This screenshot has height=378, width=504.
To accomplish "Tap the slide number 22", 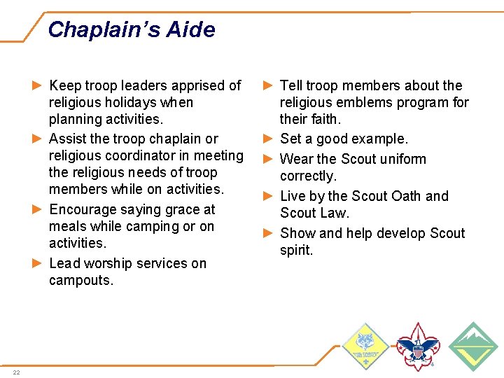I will (16, 372).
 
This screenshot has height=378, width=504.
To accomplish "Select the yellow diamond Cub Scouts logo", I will (365, 346).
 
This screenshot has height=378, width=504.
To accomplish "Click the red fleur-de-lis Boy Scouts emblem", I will (418, 346).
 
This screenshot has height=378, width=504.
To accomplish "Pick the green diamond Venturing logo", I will (472, 346).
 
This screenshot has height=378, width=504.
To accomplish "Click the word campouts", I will (80, 281).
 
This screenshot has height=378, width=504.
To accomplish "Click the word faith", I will (323, 120).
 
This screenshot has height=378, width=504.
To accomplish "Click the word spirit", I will (296, 251).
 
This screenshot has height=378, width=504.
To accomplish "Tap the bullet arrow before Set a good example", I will (267, 139).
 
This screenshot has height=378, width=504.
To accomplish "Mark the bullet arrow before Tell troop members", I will (267, 85).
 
